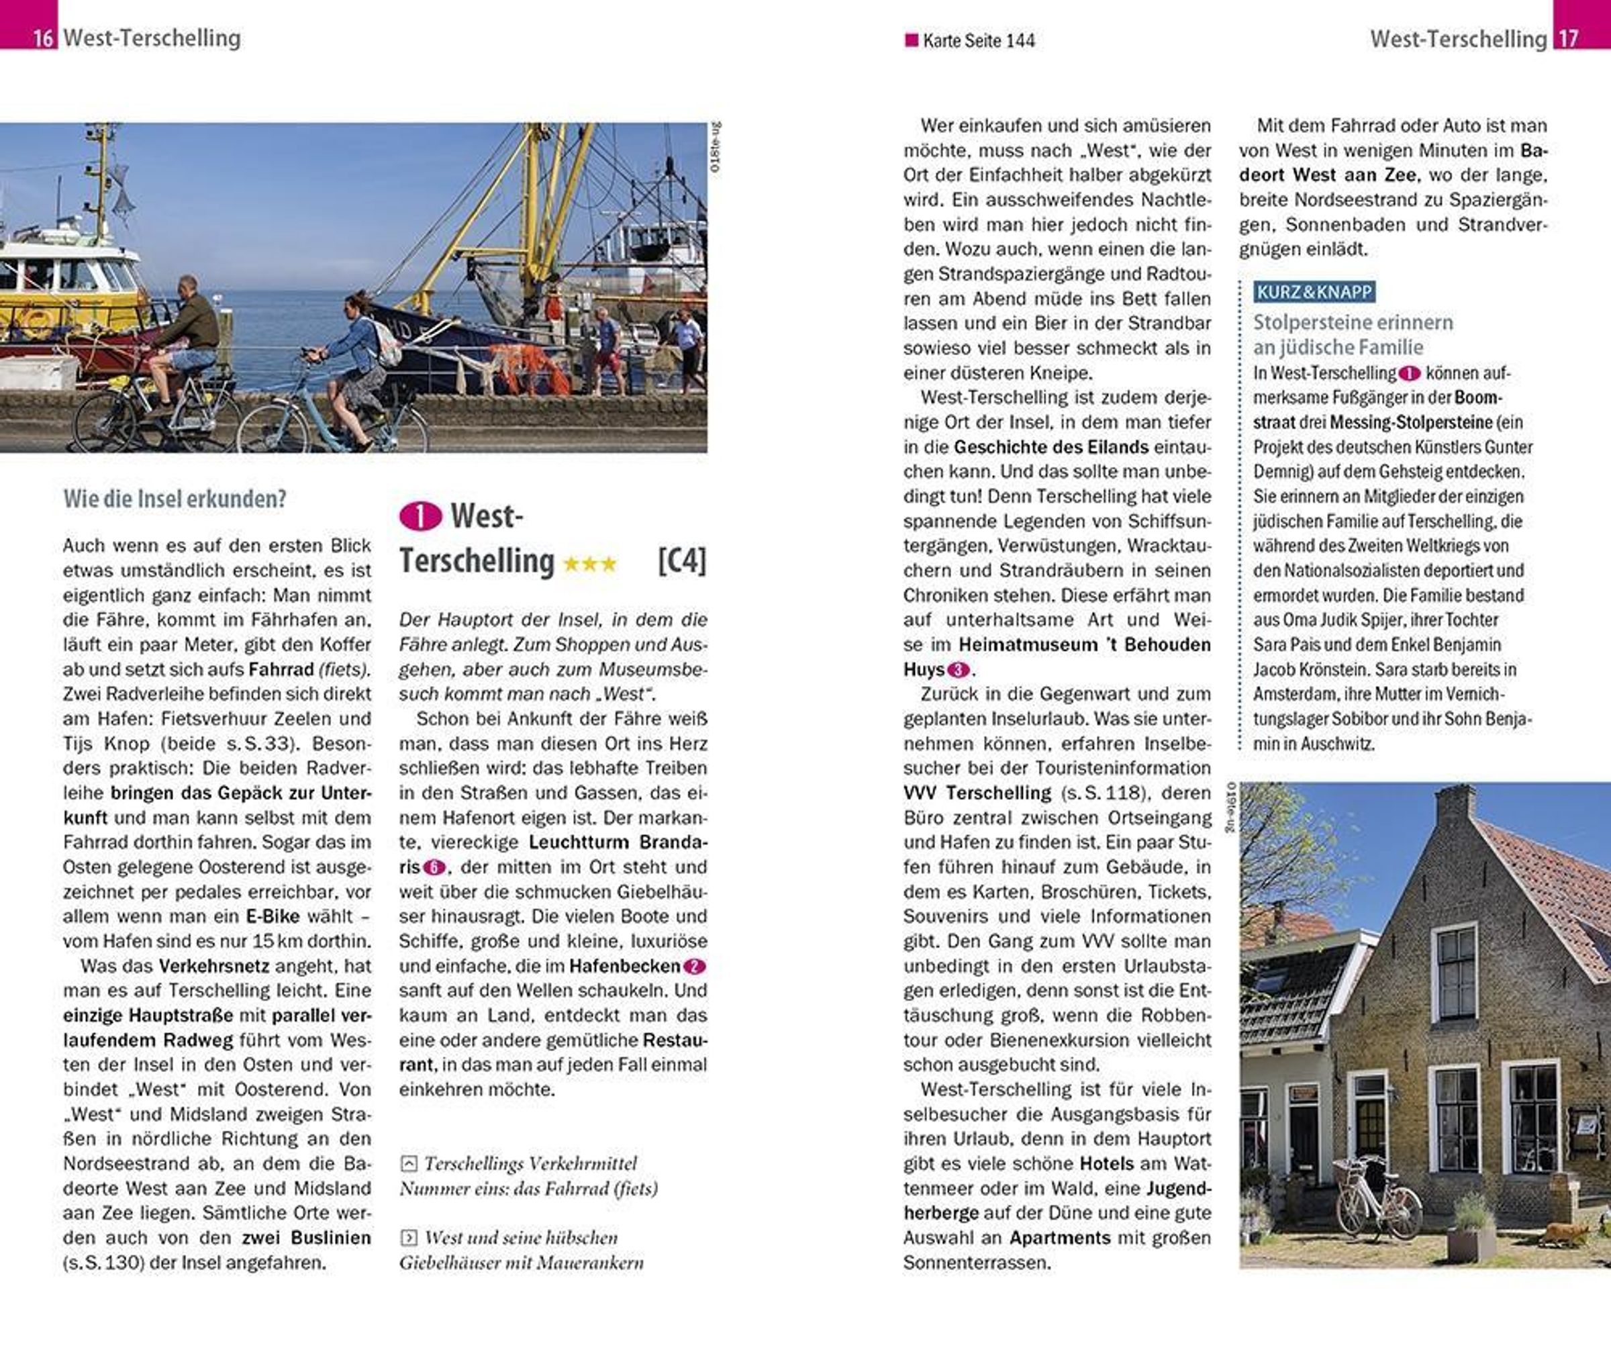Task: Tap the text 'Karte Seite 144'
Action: pos(978,41)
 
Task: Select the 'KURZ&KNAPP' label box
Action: pos(1314,292)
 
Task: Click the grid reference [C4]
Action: pos(681,560)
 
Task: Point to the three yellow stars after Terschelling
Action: pos(589,564)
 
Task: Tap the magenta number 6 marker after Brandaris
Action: pos(434,867)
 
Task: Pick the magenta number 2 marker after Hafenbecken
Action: pos(694,967)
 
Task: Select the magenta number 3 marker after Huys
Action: pos(959,670)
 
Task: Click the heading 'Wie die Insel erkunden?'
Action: pos(175,499)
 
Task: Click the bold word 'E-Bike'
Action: pos(273,916)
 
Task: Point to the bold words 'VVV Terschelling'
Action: pos(977,793)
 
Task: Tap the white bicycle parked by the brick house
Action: pos(1379,1196)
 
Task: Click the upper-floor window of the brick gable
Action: pos(1455,972)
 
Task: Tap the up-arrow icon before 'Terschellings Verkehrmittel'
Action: pos(409,1164)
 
